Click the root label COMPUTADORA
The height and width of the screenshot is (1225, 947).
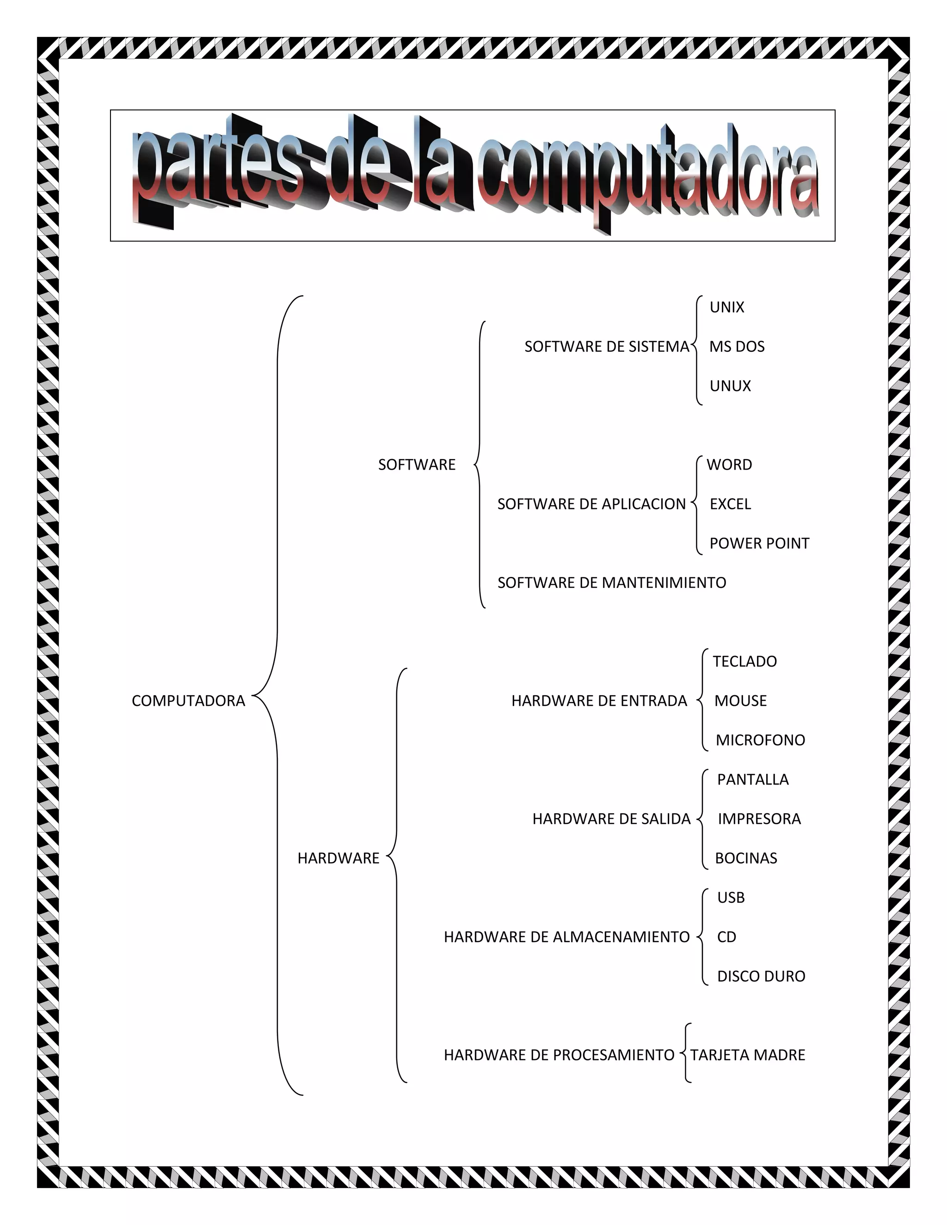click(x=189, y=700)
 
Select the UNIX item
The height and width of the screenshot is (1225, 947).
click(x=726, y=307)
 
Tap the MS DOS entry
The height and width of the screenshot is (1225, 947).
click(x=737, y=347)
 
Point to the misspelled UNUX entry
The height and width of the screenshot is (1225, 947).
click(x=730, y=386)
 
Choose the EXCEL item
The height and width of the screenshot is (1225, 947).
click(x=730, y=504)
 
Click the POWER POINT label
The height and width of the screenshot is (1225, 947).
click(x=759, y=543)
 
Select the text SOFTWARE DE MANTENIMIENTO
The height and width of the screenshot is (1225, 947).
click(x=611, y=583)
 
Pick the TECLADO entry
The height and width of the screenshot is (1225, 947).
click(x=744, y=661)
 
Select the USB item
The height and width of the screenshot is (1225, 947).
click(x=731, y=897)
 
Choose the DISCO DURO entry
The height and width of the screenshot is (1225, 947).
click(x=761, y=976)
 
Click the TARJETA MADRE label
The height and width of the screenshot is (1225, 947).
click(x=748, y=1054)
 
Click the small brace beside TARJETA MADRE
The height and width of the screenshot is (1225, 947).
click(x=685, y=1053)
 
